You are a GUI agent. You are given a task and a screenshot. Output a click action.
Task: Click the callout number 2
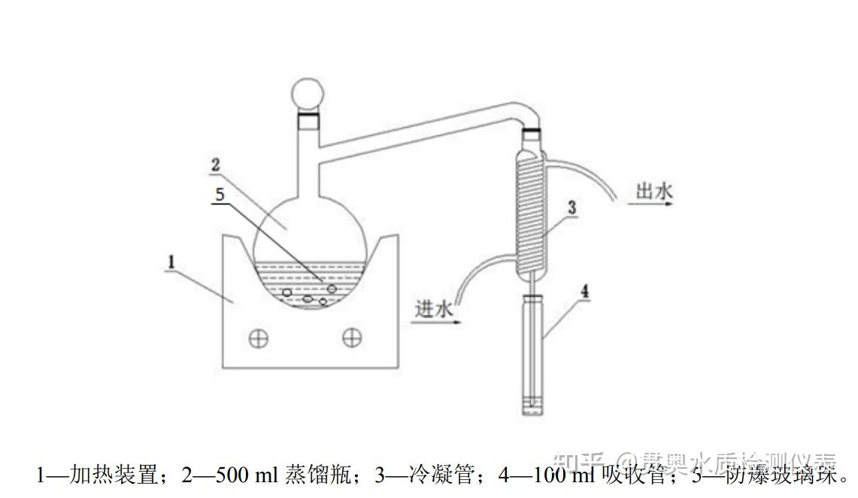(215, 164)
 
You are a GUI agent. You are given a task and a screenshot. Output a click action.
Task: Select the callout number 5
(220, 194)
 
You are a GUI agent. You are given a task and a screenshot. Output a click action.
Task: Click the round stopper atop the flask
(308, 95)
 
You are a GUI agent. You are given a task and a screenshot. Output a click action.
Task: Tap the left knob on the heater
(258, 338)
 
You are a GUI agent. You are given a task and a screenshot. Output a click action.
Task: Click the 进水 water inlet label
(434, 308)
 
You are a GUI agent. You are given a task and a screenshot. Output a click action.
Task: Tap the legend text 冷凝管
(442, 475)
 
